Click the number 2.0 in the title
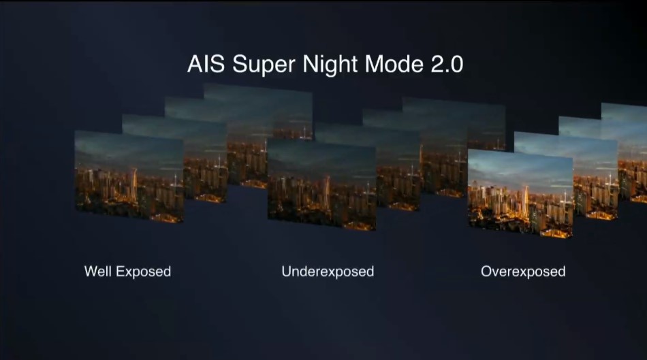click(x=447, y=65)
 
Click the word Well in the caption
click(x=98, y=272)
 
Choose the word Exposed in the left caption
click(x=143, y=272)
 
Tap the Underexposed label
click(x=328, y=272)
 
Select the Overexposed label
click(x=523, y=272)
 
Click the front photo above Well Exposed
click(x=129, y=176)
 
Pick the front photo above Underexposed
click(x=322, y=184)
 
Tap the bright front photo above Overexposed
click(x=520, y=194)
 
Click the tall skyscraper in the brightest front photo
click(x=525, y=202)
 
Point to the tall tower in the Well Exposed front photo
click(x=134, y=186)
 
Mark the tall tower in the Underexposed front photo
click(x=327, y=193)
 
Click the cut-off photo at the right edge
click(x=631, y=152)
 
